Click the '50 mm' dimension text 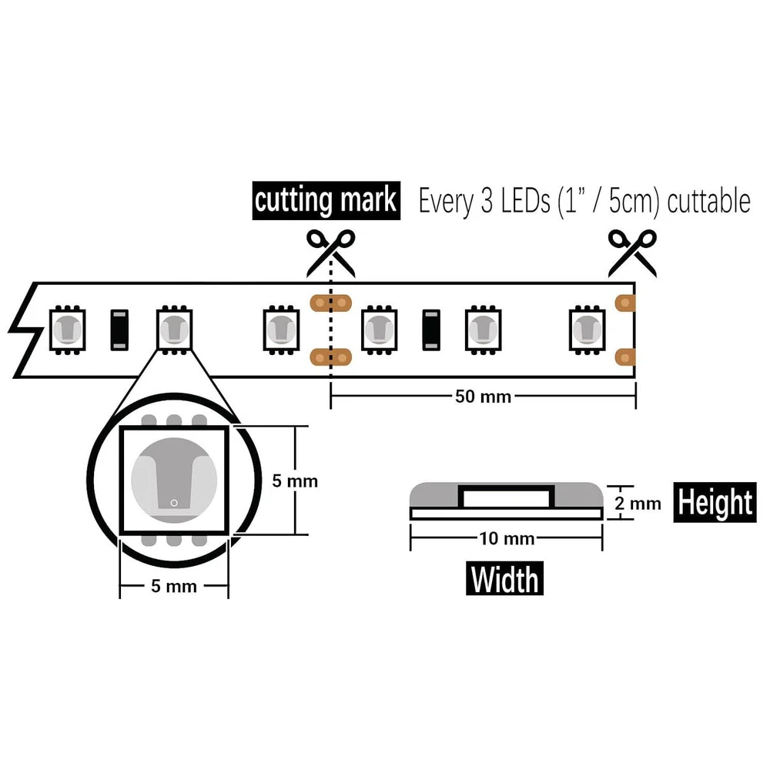[x=483, y=397]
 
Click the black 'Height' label [x=714, y=503]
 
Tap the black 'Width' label [x=505, y=578]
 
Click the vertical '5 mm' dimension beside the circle [x=295, y=481]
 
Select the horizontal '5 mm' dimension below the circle [x=174, y=587]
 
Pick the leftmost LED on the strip [x=67, y=330]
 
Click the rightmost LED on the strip [x=587, y=330]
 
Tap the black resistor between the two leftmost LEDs [x=119, y=330]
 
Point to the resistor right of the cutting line [x=431, y=330]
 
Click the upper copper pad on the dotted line [x=330, y=303]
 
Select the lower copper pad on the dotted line [x=330, y=357]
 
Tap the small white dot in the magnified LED [x=174, y=504]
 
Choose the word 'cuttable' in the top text [x=708, y=202]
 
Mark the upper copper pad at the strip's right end [x=627, y=303]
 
